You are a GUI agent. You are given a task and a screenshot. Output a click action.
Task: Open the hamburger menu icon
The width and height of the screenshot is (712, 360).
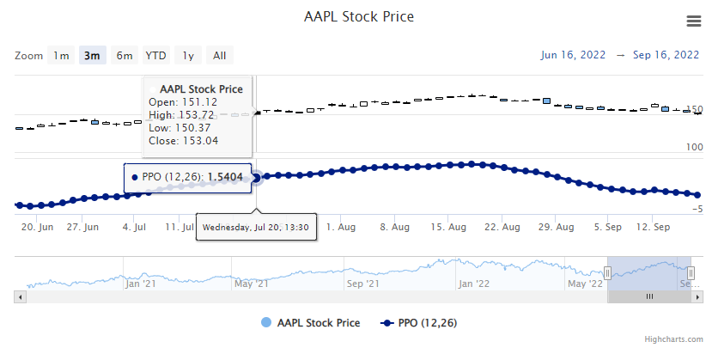click(694, 21)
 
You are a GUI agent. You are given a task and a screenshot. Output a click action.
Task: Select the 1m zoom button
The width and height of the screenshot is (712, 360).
click(61, 56)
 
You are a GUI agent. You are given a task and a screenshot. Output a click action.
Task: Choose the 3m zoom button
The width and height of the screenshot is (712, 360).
click(91, 56)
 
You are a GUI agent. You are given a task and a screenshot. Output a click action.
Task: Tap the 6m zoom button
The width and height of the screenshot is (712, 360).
click(125, 56)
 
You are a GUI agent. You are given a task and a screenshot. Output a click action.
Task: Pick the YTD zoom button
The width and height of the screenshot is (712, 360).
click(155, 56)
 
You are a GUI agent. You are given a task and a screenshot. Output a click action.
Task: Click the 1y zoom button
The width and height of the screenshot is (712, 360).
click(188, 56)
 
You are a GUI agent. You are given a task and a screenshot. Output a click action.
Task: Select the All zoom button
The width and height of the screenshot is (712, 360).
click(220, 56)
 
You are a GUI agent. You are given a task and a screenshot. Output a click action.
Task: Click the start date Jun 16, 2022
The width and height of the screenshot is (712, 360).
click(572, 55)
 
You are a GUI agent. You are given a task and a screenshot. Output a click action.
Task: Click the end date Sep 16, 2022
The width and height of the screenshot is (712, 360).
click(666, 55)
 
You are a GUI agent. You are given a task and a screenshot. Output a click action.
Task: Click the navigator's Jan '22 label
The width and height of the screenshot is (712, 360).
click(473, 283)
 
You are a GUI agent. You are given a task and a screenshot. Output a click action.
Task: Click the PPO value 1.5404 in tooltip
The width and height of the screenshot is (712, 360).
click(226, 177)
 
